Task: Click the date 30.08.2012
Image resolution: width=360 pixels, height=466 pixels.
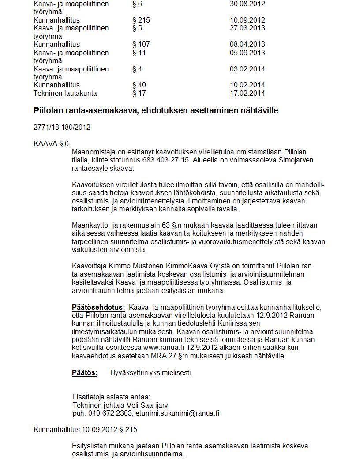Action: (247, 4)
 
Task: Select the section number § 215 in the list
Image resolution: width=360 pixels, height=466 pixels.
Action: (141, 20)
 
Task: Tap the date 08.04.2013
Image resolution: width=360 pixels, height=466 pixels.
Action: (247, 44)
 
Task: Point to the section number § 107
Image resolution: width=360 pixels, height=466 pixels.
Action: (141, 44)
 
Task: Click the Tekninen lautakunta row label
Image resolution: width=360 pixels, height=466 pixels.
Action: (65, 93)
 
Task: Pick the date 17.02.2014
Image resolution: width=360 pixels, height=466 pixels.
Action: (247, 93)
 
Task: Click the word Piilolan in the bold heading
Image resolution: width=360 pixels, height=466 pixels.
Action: (49, 110)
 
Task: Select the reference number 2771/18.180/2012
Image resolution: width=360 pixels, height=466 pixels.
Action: (62, 127)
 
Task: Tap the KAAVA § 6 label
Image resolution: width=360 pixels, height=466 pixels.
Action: (51, 143)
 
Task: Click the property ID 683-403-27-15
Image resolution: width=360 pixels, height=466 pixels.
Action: (166, 160)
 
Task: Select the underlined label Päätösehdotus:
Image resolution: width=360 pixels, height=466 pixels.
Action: (98, 307)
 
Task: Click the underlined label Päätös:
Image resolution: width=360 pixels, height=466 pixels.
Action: (85, 372)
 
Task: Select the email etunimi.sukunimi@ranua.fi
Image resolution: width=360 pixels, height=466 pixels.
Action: (177, 413)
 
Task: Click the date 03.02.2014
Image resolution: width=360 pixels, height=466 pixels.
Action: (247, 69)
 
